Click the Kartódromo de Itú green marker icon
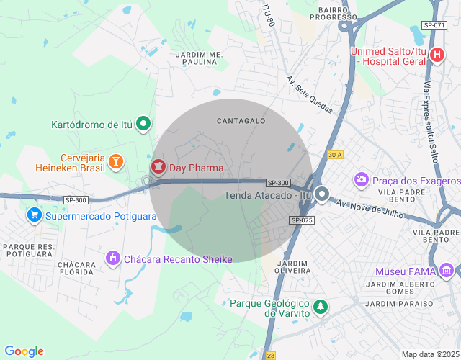click(144, 124)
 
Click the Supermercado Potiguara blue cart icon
click(34, 215)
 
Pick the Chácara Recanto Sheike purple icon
click(112, 258)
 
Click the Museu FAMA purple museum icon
click(447, 271)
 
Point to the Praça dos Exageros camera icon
click(362, 179)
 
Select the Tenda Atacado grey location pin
click(323, 195)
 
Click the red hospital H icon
click(437, 55)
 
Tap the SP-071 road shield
click(434, 25)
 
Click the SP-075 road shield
click(302, 220)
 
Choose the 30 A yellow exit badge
click(334, 155)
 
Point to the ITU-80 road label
click(269, 15)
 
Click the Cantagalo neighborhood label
click(241, 121)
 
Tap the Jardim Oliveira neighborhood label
click(292, 266)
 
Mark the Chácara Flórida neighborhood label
click(77, 269)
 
